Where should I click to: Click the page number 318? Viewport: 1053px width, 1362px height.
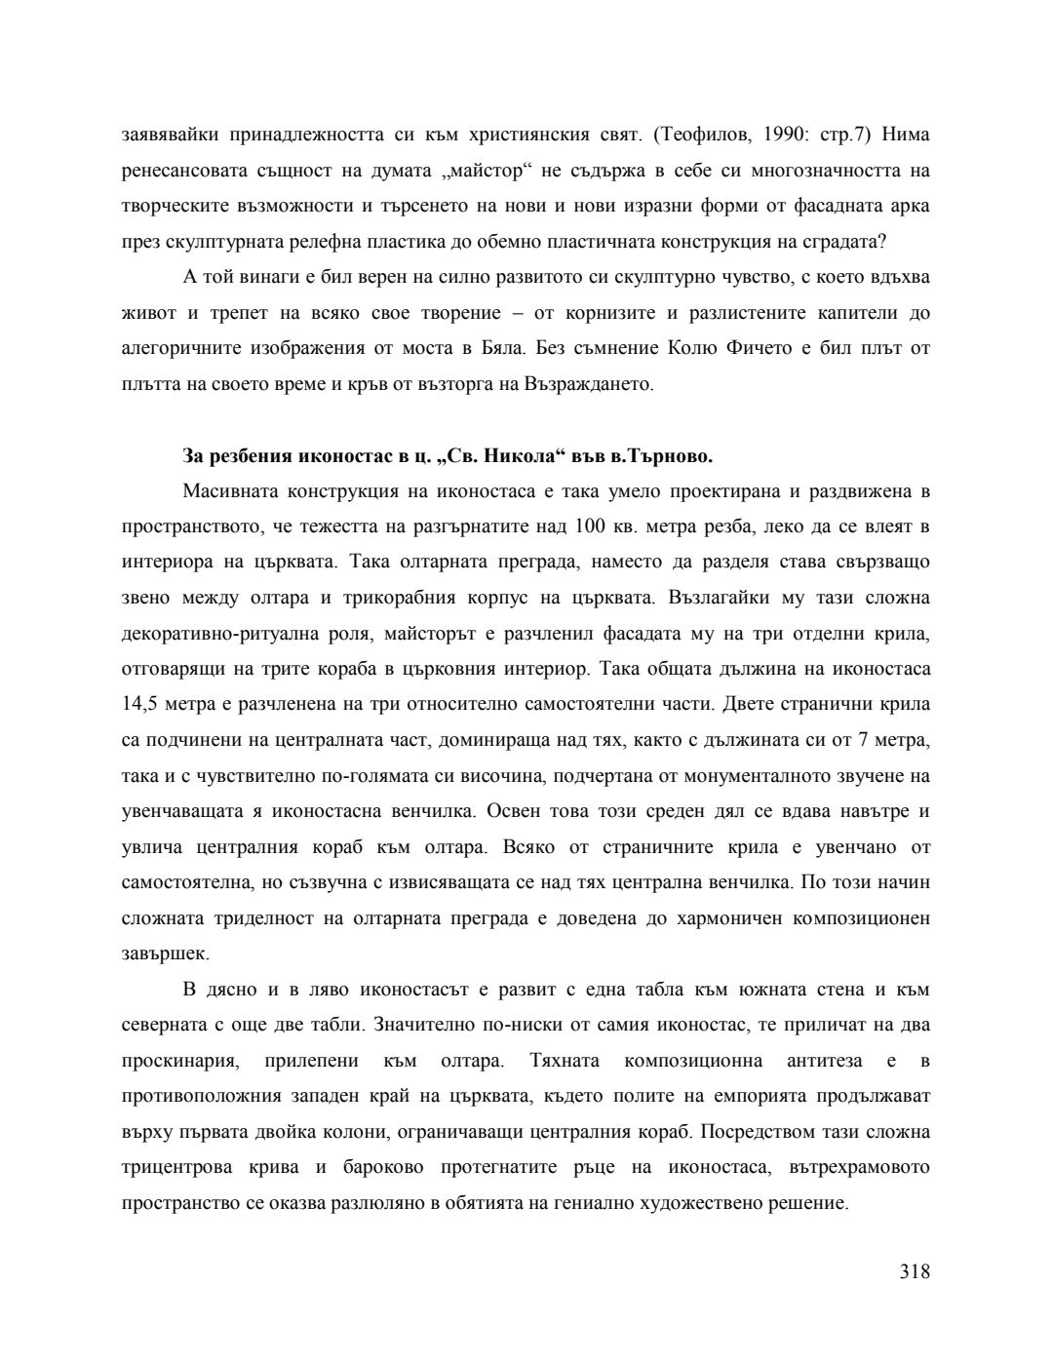click(x=915, y=1271)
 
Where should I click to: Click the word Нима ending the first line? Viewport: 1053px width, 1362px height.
click(x=904, y=135)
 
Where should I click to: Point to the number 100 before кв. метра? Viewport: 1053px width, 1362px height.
click(x=591, y=526)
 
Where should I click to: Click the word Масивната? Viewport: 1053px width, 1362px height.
click(x=227, y=490)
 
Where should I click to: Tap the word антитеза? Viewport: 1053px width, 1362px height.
click(x=823, y=1061)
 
